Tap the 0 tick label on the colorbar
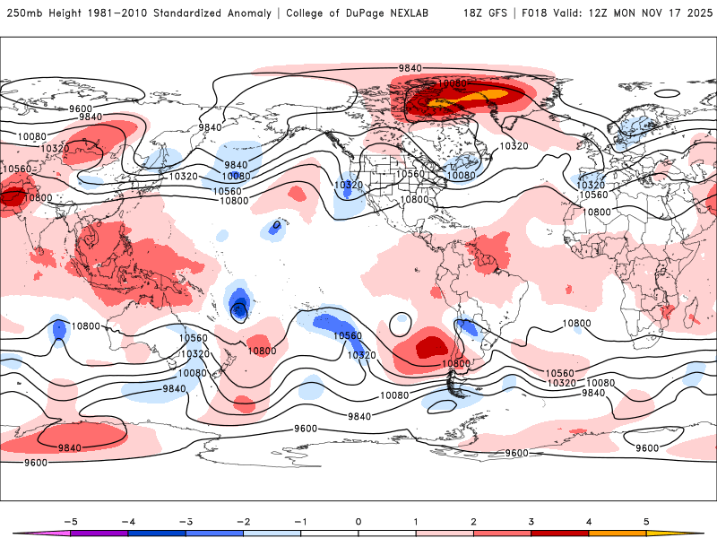pos(358,521)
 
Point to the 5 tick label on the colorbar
pos(646,521)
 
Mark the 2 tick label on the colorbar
pos(473,521)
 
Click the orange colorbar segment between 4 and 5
pos(618,533)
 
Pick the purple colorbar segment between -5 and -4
pos(99,533)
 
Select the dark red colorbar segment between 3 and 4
pos(559,533)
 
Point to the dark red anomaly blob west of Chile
pos(428,345)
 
